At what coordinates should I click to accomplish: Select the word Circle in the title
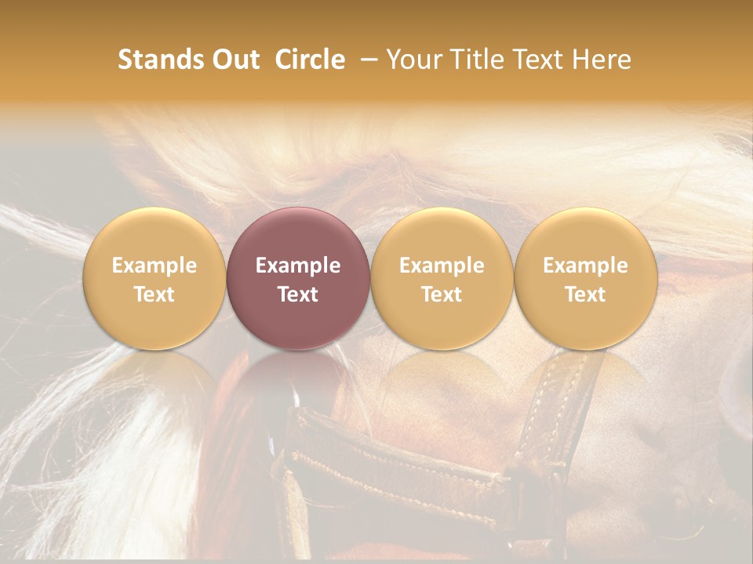click(310, 60)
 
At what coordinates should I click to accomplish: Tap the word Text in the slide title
click(538, 60)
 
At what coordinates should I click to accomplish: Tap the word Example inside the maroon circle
click(297, 266)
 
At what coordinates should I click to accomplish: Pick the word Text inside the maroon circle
click(297, 295)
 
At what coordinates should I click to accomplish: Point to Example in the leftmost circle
click(154, 266)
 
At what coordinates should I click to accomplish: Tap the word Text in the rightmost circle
click(585, 295)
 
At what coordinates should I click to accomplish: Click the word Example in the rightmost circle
click(585, 266)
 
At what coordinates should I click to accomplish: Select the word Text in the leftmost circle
click(154, 295)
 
